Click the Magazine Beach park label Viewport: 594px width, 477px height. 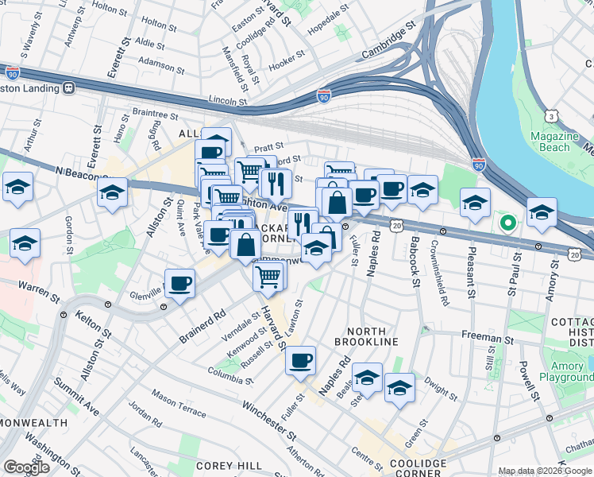point(550,141)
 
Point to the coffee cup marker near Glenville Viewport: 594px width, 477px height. point(179,283)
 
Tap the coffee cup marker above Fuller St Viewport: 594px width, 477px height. point(301,360)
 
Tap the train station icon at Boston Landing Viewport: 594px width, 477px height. point(69,87)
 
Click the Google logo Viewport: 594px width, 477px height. point(26,467)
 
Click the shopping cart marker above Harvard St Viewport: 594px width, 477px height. point(268,276)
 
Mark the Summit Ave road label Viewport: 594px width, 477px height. point(77,395)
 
